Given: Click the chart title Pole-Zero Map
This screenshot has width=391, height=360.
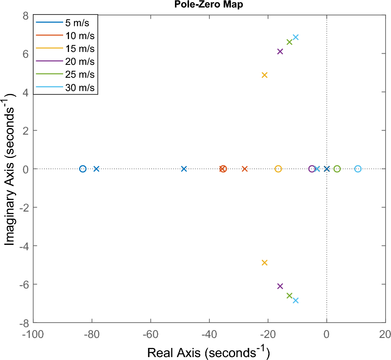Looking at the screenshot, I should [209, 5].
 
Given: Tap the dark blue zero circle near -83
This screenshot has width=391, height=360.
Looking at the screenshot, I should [83, 169].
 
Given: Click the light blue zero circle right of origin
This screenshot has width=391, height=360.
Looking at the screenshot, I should [358, 169].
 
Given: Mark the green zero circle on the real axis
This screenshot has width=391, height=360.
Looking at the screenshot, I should [337, 169].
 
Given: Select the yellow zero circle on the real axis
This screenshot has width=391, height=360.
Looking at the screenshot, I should [278, 169].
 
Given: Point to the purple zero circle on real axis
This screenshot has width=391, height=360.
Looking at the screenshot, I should [312, 169].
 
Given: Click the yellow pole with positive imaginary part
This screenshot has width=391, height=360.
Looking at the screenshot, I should [264, 75].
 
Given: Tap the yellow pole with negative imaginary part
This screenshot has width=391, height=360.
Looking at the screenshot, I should [264, 263].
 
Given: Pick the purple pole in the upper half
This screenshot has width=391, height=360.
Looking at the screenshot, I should [280, 52].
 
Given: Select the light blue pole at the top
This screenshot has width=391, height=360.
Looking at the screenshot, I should [295, 37].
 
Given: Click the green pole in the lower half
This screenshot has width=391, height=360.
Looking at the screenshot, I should [290, 296].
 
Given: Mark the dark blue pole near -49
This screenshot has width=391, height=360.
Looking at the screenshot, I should [184, 169].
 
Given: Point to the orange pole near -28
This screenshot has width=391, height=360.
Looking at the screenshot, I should [245, 169].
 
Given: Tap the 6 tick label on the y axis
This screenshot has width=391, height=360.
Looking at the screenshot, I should [25, 54].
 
